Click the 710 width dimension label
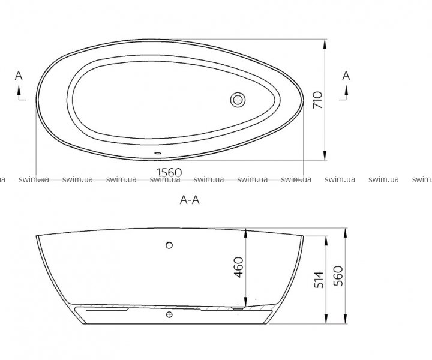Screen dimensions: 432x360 (x=317, y=100)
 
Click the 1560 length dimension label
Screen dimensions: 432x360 (x=169, y=172)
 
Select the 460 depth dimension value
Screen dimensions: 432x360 (x=239, y=267)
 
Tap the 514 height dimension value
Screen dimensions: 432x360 (x=319, y=280)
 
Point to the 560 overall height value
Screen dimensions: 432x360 (x=338, y=276)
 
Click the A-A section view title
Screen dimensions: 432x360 (x=190, y=200)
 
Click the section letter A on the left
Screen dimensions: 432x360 (x=19, y=76)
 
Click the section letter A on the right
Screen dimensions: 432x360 (x=346, y=76)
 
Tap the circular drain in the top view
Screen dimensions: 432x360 (x=238, y=100)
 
